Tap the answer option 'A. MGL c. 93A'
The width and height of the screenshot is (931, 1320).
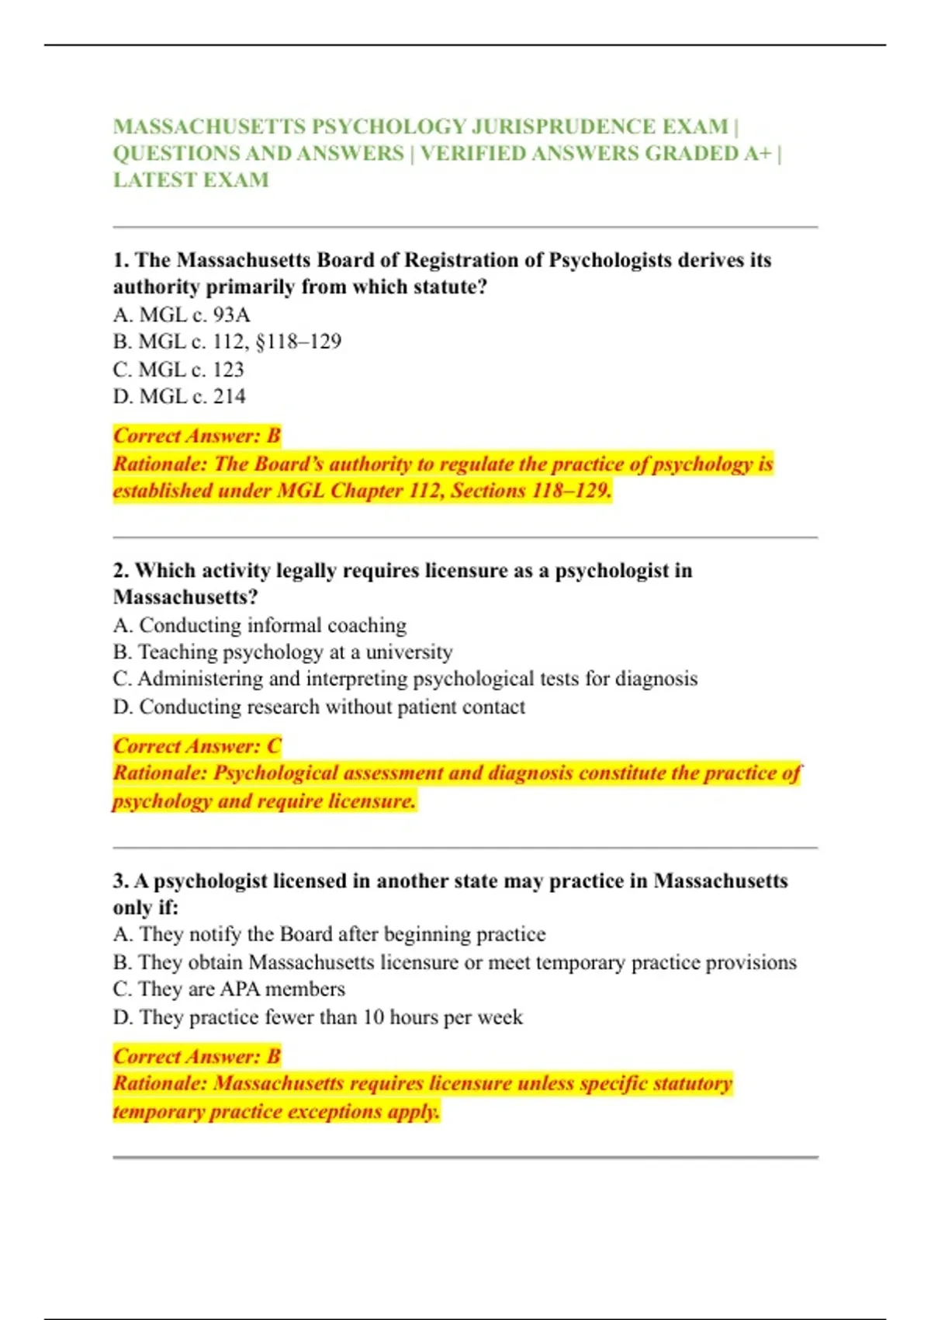click(x=182, y=314)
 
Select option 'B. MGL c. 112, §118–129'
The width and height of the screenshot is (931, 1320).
click(x=227, y=342)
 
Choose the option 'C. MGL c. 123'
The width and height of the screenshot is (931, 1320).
click(x=178, y=369)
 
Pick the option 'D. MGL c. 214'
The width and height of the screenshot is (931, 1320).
click(x=179, y=396)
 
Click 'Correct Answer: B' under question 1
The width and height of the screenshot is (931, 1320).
click(x=197, y=436)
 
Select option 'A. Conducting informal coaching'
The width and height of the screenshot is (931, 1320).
click(x=259, y=625)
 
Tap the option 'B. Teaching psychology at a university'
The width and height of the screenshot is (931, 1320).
click(x=282, y=652)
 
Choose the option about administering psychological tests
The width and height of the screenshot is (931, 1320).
click(x=405, y=679)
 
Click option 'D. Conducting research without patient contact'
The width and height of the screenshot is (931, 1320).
click(x=319, y=707)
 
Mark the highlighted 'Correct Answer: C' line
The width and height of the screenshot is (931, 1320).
click(x=197, y=746)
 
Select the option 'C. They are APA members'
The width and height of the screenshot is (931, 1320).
click(x=229, y=989)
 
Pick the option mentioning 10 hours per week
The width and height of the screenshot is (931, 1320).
click(x=318, y=1017)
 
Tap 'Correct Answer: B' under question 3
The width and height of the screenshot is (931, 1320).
click(x=197, y=1057)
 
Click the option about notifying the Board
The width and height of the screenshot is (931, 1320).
click(x=329, y=934)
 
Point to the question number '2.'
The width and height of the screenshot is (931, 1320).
click(x=121, y=571)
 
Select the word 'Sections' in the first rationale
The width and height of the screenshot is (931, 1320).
click(x=488, y=491)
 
